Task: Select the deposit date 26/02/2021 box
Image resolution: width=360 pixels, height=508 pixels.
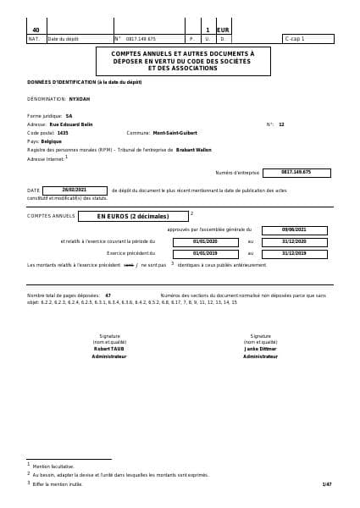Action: [x=75, y=190]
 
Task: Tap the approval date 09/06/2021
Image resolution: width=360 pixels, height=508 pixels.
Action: [x=294, y=229]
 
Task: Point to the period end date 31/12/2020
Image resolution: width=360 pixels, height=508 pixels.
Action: [x=294, y=241]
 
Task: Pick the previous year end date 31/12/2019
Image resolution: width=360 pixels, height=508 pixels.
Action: [x=294, y=253]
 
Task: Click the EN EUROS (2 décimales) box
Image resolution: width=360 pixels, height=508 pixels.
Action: [x=132, y=216]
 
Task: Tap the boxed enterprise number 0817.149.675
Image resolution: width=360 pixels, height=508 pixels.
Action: [x=296, y=172]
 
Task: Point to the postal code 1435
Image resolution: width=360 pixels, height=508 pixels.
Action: [x=63, y=133]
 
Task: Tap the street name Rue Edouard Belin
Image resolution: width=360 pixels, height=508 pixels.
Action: [x=72, y=124]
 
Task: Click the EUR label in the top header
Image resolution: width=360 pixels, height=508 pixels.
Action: [x=224, y=30]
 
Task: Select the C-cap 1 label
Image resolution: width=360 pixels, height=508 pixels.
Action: [x=296, y=39]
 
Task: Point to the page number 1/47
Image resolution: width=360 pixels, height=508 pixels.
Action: [x=327, y=483]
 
